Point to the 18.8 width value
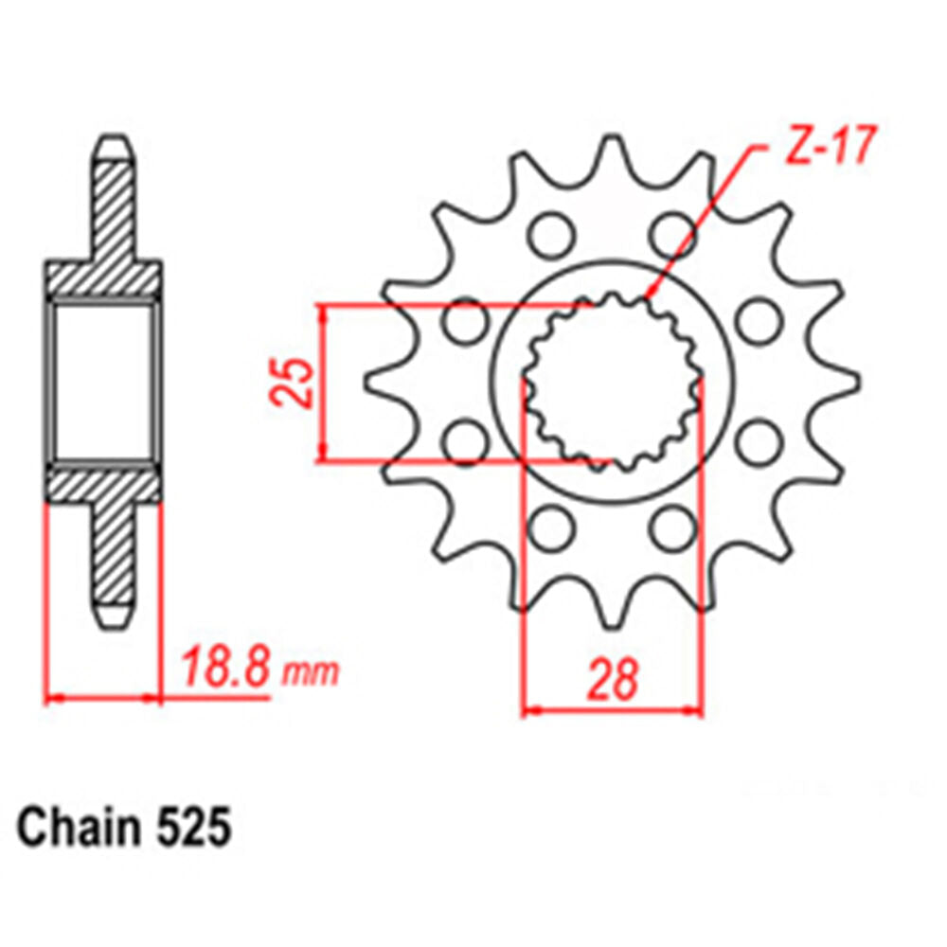pyautogui.click(x=228, y=669)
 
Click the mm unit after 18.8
pyautogui.click(x=312, y=672)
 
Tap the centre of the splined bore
pyautogui.click(x=613, y=383)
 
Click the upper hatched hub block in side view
pyautogui.click(x=102, y=277)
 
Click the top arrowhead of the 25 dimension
pyautogui.click(x=324, y=313)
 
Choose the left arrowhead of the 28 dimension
pyautogui.click(x=531, y=708)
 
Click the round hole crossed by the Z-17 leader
pyautogui.click(x=672, y=234)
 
